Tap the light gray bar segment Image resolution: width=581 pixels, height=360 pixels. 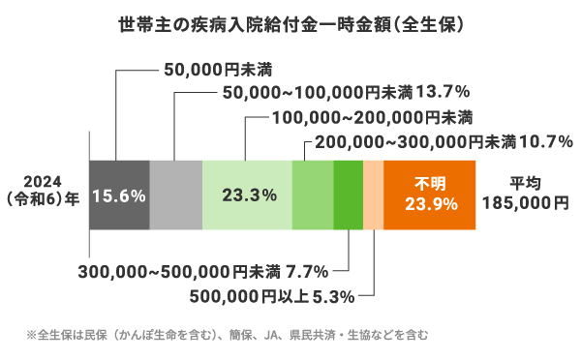176,195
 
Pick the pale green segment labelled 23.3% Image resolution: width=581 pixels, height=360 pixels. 247,195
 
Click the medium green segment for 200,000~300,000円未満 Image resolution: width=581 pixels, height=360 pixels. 312,195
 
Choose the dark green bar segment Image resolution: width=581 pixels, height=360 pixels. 348,195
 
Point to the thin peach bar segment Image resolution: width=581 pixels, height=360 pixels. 373,195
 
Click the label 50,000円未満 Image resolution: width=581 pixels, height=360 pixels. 204,69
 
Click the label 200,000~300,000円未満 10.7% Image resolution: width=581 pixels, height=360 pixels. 440,141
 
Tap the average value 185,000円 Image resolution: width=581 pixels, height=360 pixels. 527,204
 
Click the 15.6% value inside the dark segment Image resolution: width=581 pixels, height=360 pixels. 118,195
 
